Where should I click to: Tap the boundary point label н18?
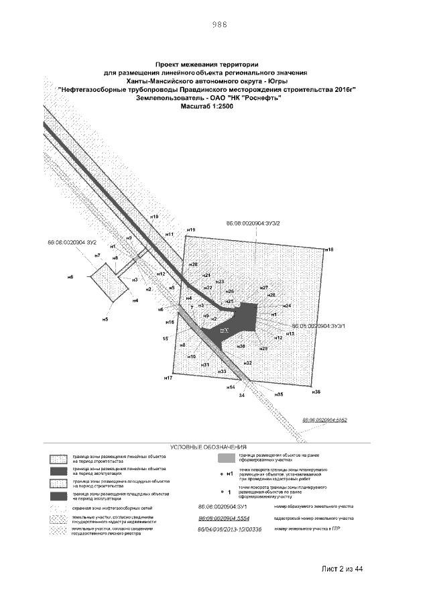(329, 250)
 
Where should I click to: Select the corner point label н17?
(168, 378)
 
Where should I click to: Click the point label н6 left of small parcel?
(70, 276)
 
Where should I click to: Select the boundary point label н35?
(279, 394)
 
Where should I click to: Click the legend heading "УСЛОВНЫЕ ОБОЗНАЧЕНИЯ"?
(208, 446)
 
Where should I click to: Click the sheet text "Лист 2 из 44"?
(341, 569)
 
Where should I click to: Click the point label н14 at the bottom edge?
(230, 388)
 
